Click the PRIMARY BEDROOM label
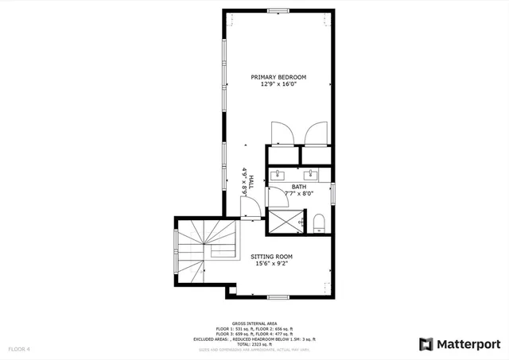(278, 77)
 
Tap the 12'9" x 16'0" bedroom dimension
(278, 84)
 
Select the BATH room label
(298, 188)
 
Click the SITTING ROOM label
(272, 257)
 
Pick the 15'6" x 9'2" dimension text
(272, 264)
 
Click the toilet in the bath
(318, 220)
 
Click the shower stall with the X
(283, 219)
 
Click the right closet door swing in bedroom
(313, 131)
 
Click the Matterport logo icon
(426, 344)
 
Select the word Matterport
(469, 344)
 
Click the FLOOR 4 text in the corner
(19, 349)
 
